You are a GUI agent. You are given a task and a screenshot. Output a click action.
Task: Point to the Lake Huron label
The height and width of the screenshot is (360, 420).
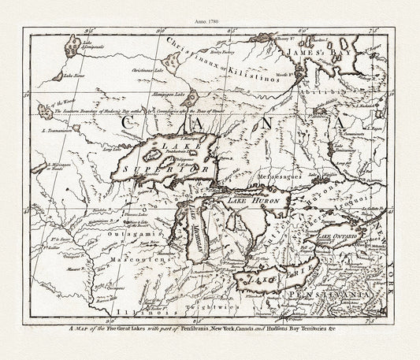point(247,201)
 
